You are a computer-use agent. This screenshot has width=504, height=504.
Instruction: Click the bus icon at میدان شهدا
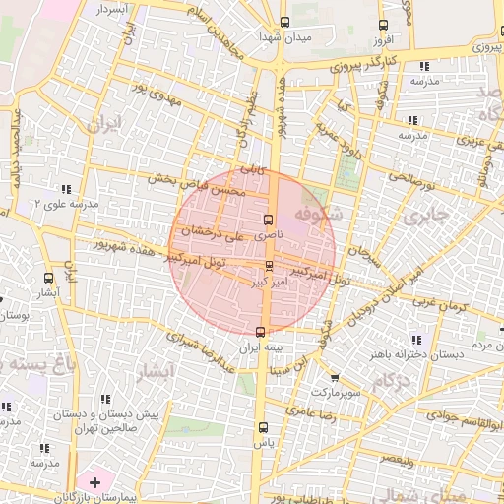(x=284, y=22)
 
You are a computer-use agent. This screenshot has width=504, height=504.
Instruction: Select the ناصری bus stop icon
(x=269, y=220)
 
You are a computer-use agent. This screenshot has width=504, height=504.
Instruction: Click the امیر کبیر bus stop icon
(x=270, y=266)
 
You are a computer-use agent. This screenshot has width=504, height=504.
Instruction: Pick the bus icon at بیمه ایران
(x=260, y=332)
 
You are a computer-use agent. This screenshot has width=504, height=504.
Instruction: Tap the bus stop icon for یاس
(x=262, y=427)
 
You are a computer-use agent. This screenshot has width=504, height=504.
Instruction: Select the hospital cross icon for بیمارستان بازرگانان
(x=94, y=481)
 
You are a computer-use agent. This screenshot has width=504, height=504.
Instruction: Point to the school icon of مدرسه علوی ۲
(x=67, y=188)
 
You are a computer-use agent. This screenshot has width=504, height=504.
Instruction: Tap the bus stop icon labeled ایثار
(x=48, y=279)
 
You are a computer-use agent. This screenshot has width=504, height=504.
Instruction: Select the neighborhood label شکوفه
(x=317, y=214)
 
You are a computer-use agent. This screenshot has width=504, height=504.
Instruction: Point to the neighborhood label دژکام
(x=392, y=380)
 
